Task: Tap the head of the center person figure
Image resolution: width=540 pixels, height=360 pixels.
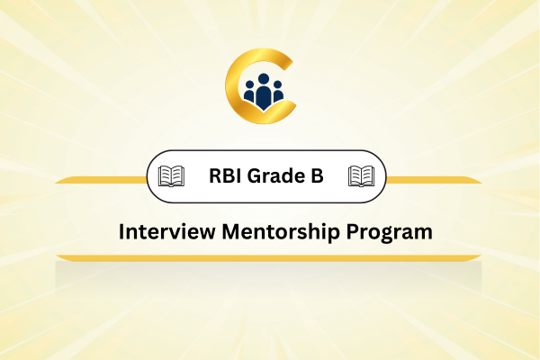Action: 264,79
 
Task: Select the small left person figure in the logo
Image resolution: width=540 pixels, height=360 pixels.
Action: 249,92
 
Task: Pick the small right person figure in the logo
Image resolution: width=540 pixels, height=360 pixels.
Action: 277,92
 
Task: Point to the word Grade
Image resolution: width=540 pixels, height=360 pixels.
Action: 276,175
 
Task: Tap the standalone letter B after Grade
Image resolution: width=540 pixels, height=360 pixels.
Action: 317,175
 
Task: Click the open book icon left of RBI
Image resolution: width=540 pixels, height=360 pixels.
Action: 171,176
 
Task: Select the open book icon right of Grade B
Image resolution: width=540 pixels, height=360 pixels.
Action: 361,176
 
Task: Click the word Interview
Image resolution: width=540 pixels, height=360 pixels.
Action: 166,231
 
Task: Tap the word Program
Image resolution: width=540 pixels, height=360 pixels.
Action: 389,233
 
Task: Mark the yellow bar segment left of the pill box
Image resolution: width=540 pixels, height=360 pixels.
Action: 101,180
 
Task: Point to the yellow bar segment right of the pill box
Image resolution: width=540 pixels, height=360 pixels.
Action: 434,180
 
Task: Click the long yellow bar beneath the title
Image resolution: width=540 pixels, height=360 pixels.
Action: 268,258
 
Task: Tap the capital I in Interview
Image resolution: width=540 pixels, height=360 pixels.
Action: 121,231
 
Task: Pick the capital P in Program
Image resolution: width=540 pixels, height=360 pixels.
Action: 353,231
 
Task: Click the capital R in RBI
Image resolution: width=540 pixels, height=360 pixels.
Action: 216,175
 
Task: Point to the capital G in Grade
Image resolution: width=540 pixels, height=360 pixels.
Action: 255,175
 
